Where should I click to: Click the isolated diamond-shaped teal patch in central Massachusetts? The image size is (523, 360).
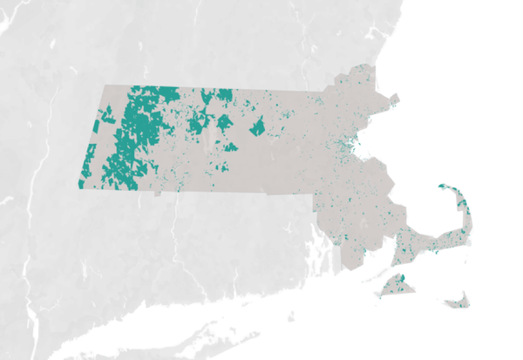coord(257,129)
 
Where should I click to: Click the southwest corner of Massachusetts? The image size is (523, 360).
coord(78,188)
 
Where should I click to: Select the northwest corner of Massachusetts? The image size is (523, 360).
coord(104,85)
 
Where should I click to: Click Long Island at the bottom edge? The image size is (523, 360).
coord(174,344)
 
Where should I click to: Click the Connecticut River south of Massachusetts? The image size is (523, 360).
coord(174,235)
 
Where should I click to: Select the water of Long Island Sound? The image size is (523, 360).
coord(218,314)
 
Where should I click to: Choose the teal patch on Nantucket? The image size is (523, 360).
coord(459,303)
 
